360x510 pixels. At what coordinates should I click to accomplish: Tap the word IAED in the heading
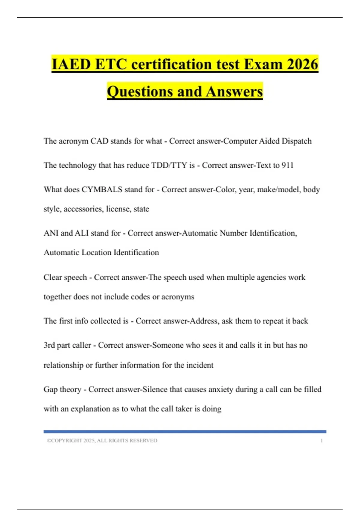(x=71, y=64)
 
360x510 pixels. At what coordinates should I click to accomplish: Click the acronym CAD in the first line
(x=99, y=141)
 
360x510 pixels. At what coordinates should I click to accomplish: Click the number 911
(x=287, y=165)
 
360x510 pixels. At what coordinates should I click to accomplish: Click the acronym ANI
(x=51, y=233)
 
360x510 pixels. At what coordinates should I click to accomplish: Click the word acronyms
(x=178, y=297)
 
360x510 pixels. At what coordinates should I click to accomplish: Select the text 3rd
(x=49, y=345)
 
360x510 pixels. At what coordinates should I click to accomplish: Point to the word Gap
(x=50, y=389)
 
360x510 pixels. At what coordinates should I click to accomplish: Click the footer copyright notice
(x=102, y=440)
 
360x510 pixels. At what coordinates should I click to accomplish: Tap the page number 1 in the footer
(x=322, y=440)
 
